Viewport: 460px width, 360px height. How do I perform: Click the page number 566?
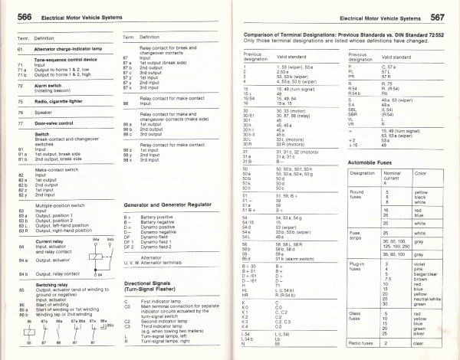pos(24,17)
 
